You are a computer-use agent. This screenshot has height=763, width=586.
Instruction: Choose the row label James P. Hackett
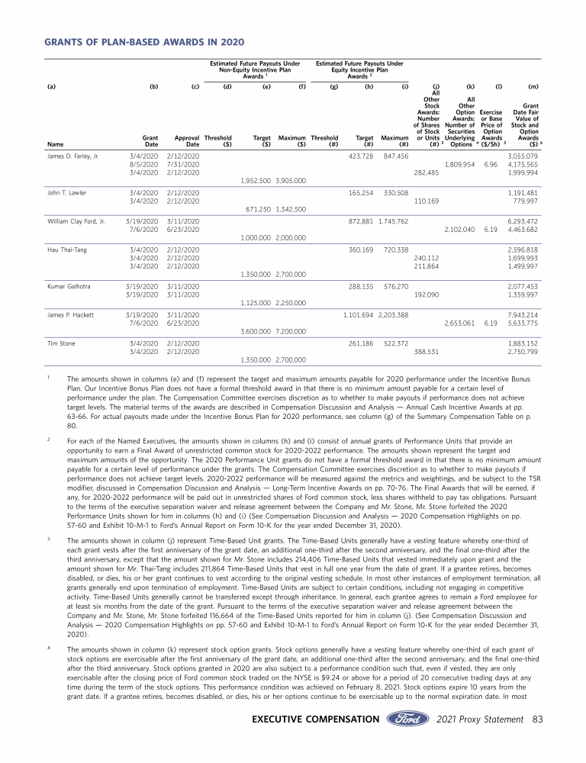(x=69, y=314)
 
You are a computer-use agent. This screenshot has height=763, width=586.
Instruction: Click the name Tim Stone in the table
(x=61, y=342)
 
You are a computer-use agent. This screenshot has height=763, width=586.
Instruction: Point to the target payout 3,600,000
(x=256, y=331)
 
